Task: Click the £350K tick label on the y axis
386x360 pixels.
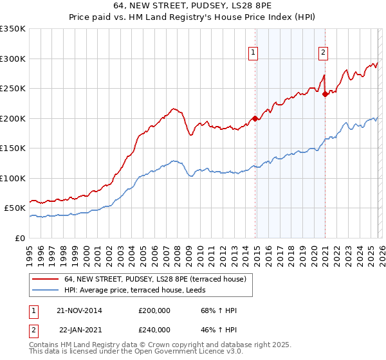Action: (13, 29)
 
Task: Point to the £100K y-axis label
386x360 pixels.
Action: (13, 178)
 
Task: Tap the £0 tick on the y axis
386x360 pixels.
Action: (21, 238)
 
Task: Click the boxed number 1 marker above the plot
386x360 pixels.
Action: (253, 53)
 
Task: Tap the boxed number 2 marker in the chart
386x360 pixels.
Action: (322, 53)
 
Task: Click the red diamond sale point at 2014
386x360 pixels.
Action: (255, 118)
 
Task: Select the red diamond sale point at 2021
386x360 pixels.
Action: (326, 94)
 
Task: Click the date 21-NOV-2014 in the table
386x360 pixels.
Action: (79, 310)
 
